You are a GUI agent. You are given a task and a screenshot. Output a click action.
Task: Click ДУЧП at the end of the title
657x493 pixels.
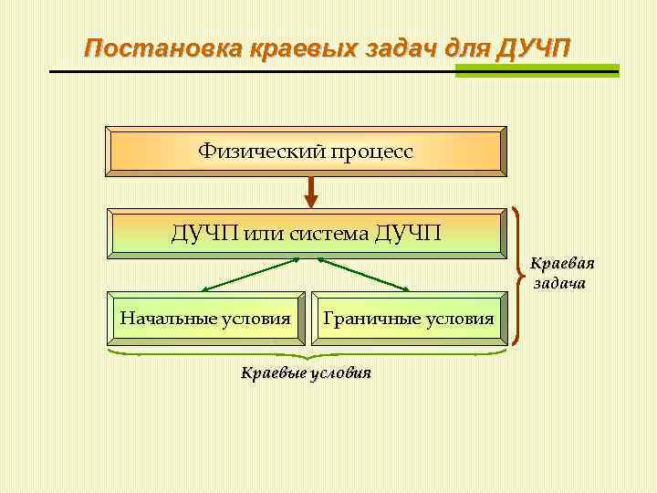pyautogui.click(x=533, y=48)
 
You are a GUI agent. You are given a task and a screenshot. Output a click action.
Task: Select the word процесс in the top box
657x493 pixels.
pyautogui.click(x=371, y=151)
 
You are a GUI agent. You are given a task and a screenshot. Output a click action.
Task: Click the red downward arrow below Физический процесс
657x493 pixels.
pyautogui.click(x=310, y=191)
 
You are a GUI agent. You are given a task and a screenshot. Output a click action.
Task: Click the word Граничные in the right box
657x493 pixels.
pyautogui.click(x=366, y=319)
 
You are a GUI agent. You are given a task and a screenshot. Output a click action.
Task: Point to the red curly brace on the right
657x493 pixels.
pyautogui.click(x=520, y=275)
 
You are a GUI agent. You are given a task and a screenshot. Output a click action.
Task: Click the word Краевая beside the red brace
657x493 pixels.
pyautogui.click(x=563, y=265)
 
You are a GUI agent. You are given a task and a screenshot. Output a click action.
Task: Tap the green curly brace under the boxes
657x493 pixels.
pyautogui.click(x=308, y=352)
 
